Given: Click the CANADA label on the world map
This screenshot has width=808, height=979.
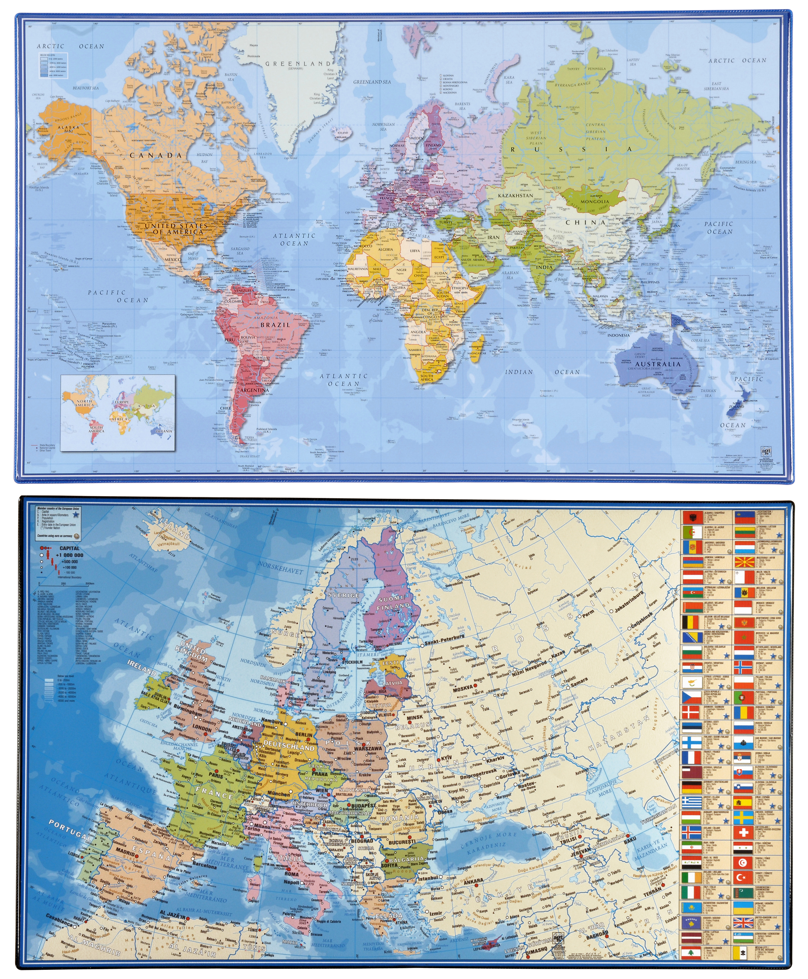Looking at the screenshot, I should coord(156,155).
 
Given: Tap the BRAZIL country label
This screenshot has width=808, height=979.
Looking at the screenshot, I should coord(275,325).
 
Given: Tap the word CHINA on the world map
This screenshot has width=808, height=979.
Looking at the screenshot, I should coord(586,222).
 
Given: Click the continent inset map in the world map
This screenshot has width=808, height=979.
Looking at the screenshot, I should coord(118,412).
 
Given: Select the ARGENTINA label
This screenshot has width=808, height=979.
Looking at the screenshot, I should coord(254,390).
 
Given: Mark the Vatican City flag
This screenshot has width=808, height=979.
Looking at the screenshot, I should coord(743,953).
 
